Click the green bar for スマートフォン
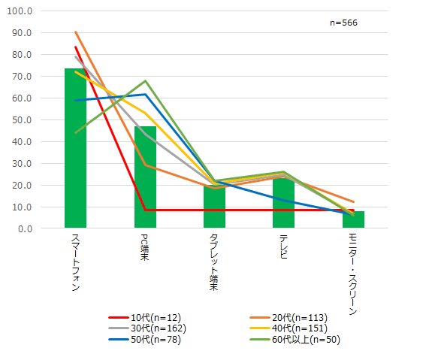tap(75, 148)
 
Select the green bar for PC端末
tap(145, 177)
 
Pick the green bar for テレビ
tap(283, 203)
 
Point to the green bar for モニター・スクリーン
tap(353, 219)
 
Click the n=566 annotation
tap(343, 23)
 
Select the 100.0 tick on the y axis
tap(20, 11)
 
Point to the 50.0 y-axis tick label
tap(22, 120)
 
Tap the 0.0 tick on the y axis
tap(25, 228)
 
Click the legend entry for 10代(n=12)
tap(145, 318)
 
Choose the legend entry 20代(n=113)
tap(289, 318)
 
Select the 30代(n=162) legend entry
tap(147, 328)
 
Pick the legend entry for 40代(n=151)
tap(289, 328)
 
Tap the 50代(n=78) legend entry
tap(145, 339)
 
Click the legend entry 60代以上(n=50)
tap(295, 339)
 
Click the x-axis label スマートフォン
tap(75, 262)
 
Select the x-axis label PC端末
tap(144, 247)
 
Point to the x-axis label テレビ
tap(283, 247)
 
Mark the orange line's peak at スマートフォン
tap(75, 32)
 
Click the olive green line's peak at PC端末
tap(145, 80)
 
